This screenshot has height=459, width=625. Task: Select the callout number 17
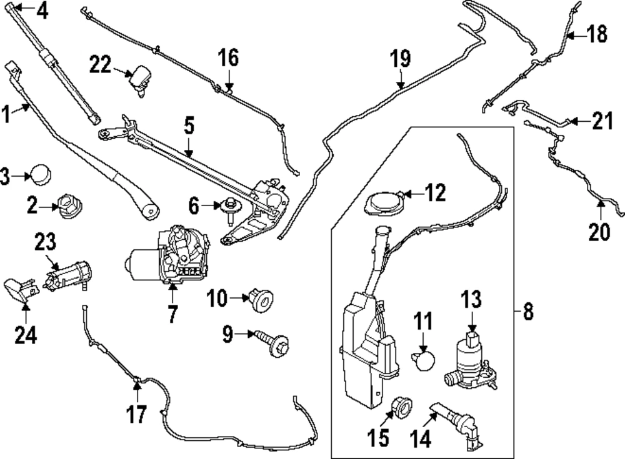[x=137, y=413]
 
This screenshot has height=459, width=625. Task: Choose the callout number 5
[x=189, y=126]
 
